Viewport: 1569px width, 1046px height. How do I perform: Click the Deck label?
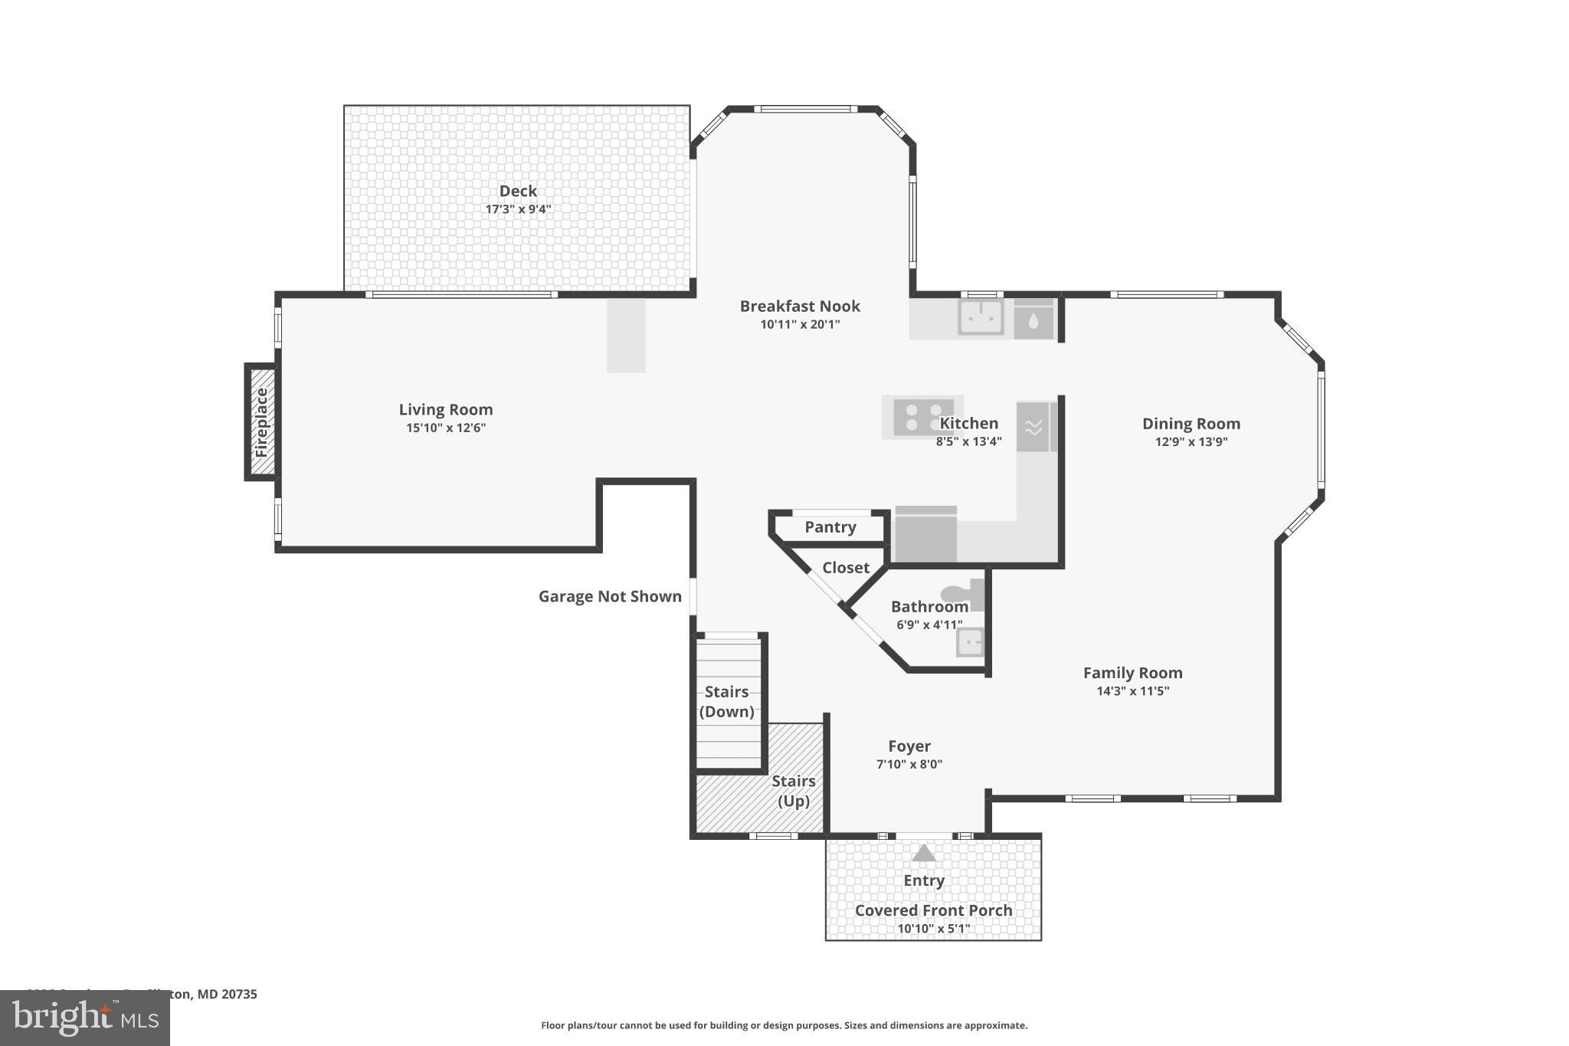pos(518,191)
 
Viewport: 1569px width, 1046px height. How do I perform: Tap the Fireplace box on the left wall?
pos(261,422)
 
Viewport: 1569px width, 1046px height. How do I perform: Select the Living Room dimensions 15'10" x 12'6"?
pos(446,428)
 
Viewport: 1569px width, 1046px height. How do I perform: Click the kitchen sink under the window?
pos(981,317)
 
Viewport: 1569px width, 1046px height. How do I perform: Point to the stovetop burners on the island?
pos(922,418)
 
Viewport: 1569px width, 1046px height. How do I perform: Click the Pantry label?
pos(830,527)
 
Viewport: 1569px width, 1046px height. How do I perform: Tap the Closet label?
pos(845,568)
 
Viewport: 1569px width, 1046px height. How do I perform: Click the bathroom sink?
pos(970,641)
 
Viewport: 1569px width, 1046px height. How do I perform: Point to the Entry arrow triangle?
pos(924,853)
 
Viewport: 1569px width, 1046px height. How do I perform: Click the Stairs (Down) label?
pos(726,701)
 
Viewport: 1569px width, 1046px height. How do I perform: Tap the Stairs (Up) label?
pos(793,791)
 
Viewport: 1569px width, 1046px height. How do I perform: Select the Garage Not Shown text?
pos(610,596)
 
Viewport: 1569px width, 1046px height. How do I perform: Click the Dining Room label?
pos(1191,424)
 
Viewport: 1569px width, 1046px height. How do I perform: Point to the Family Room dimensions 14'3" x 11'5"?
pos(1132,690)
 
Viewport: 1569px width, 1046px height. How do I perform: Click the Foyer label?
pos(909,746)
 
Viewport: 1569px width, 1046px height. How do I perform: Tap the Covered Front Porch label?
pos(933,910)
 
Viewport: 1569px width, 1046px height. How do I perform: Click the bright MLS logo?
pos(85,1018)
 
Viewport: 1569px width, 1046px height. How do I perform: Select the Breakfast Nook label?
pos(800,306)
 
